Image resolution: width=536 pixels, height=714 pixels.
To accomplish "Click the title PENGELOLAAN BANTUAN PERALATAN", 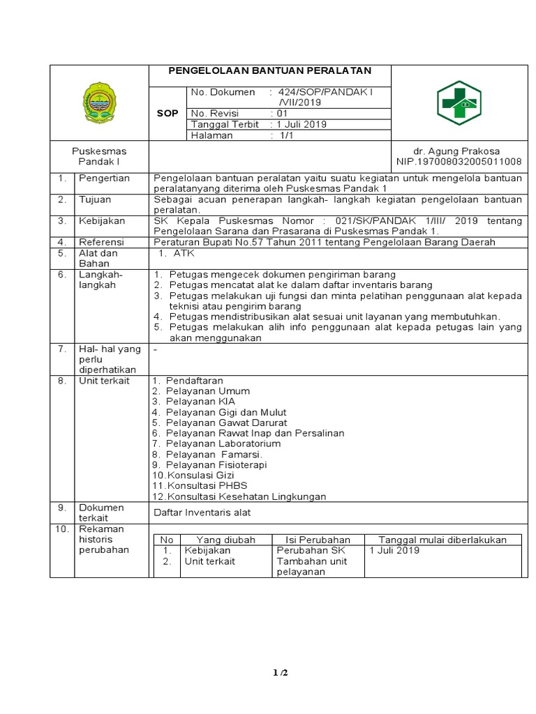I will [x=271, y=71].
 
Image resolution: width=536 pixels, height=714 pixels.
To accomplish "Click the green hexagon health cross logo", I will [x=459, y=103].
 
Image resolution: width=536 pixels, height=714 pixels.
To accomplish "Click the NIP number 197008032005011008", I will [x=459, y=161].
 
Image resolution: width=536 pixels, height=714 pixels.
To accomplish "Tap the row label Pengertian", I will [x=104, y=178].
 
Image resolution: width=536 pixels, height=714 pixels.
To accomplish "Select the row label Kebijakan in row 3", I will [x=102, y=220].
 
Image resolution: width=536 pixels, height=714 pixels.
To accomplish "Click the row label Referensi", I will [x=103, y=242].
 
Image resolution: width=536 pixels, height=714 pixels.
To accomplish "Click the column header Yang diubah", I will [x=225, y=540].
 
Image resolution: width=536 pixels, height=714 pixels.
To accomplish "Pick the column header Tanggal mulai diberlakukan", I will [x=442, y=540].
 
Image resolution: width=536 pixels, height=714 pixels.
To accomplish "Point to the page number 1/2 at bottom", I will [x=279, y=673].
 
